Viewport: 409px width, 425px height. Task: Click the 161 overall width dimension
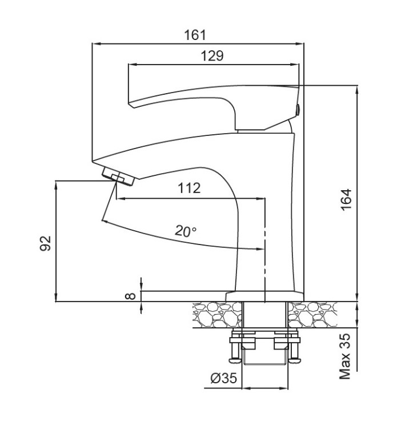(x=195, y=35)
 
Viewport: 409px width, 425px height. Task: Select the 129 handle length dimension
(x=212, y=56)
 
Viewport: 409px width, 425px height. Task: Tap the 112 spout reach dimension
(x=189, y=188)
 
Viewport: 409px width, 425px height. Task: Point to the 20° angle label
(x=186, y=231)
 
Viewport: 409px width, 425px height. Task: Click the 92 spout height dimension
(x=46, y=243)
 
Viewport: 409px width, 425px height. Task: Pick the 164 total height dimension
(x=346, y=200)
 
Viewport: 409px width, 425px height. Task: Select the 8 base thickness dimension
(x=130, y=296)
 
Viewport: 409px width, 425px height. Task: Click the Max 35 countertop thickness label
(x=345, y=356)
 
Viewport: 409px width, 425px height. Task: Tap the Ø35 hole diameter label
(x=224, y=378)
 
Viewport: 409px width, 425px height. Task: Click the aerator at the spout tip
(x=118, y=177)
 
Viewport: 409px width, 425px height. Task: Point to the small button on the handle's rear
(x=298, y=110)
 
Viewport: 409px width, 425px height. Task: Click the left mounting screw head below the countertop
(x=234, y=360)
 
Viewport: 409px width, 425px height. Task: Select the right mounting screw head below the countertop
(x=295, y=360)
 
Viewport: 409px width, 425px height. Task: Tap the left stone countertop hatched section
(x=217, y=314)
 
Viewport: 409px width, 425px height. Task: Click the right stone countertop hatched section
(x=312, y=314)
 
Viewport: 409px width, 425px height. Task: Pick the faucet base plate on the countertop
(x=264, y=296)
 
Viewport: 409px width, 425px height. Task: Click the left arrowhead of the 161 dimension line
(x=96, y=43)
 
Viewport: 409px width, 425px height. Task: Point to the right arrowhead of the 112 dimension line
(x=260, y=199)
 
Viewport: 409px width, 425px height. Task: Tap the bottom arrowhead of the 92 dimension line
(x=56, y=297)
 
